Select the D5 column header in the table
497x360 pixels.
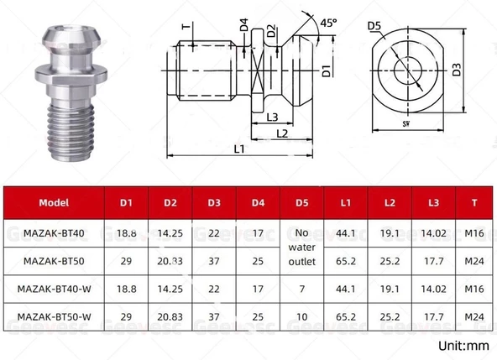pyautogui.click(x=302, y=203)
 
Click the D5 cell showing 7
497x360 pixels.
pyautogui.click(x=302, y=290)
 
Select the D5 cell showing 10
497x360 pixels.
pyautogui.click(x=302, y=319)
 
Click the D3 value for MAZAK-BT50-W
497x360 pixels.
pyautogui.click(x=215, y=319)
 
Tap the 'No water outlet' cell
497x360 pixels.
pyautogui.click(x=302, y=247)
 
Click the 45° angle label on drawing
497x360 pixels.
pyautogui.click(x=327, y=23)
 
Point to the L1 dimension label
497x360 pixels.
pyautogui.click(x=239, y=149)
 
